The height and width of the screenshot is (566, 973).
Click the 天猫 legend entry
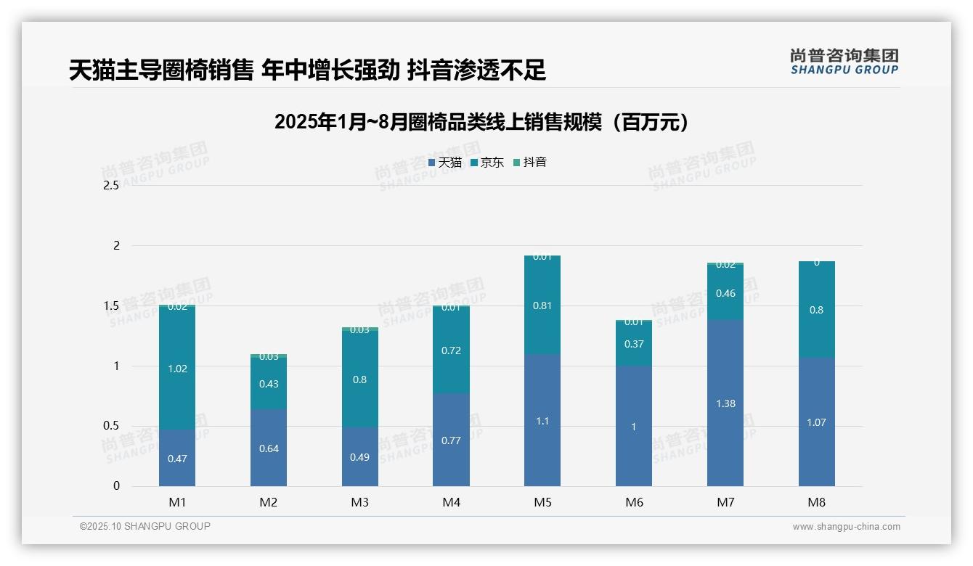click(x=444, y=163)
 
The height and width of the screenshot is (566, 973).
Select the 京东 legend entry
click(x=486, y=163)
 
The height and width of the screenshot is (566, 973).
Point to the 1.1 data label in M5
click(x=542, y=421)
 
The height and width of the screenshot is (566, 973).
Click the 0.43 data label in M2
click(x=269, y=384)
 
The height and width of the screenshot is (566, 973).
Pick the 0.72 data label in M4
click(x=451, y=350)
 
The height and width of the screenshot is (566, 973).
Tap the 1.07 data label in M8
click(x=816, y=422)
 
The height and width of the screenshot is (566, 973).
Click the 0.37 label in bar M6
click(x=634, y=344)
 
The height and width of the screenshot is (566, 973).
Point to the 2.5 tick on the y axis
click(x=110, y=186)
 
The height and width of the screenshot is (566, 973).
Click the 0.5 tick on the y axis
click(x=110, y=426)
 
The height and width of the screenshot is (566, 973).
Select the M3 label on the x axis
click(x=360, y=502)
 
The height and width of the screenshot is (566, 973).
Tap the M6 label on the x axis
click(x=634, y=502)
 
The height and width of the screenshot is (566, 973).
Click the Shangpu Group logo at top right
click(x=844, y=62)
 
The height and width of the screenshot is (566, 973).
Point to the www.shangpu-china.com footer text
click(x=846, y=527)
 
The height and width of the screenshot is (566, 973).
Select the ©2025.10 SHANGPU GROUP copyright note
click(x=145, y=527)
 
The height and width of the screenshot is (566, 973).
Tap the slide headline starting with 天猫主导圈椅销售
click(x=307, y=70)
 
